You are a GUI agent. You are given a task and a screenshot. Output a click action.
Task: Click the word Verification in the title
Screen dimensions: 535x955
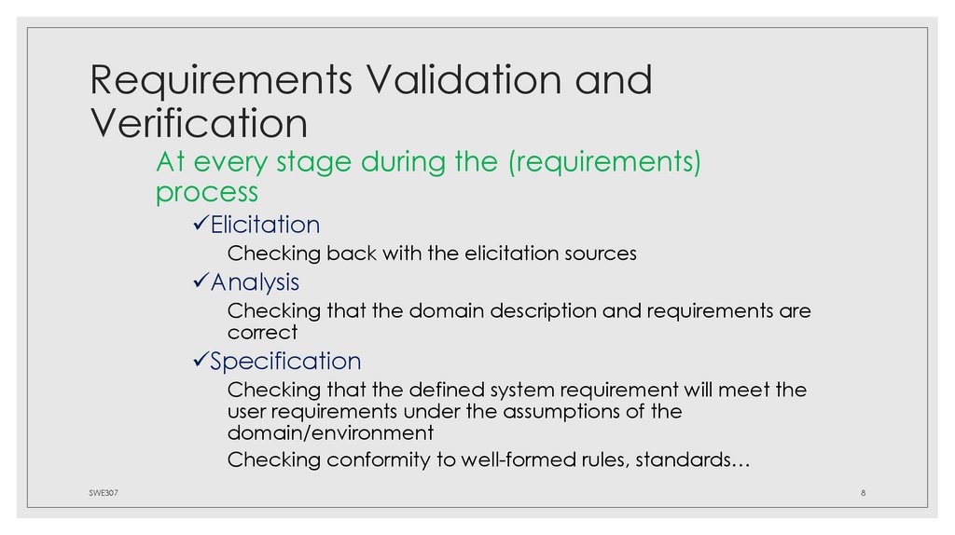tap(199, 123)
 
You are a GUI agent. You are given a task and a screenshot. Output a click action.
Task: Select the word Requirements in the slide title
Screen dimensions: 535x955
tap(221, 80)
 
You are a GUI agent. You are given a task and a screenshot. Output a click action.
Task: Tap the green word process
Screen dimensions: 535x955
tap(207, 192)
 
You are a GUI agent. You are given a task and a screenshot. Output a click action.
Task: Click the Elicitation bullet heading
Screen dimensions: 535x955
tap(265, 225)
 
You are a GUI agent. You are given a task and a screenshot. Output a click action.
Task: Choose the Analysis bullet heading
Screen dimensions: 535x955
tap(255, 281)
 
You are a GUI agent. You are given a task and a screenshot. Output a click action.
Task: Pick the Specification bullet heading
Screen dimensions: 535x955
tap(285, 361)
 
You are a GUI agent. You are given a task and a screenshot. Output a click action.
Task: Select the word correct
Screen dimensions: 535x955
tap(262, 332)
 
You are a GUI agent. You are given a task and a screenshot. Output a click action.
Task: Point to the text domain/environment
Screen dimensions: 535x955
tap(330, 433)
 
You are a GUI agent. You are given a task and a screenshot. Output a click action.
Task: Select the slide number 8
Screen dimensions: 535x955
tap(864, 493)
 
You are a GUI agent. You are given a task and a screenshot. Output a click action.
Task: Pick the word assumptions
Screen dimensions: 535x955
tap(536, 411)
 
